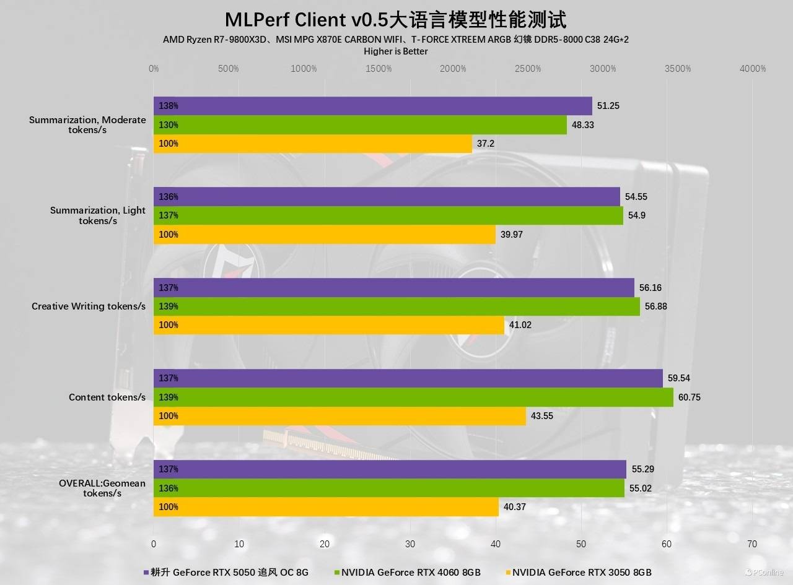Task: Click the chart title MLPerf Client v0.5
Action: pyautogui.click(x=395, y=19)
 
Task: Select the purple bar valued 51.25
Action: pyautogui.click(x=372, y=106)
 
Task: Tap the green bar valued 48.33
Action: pyautogui.click(x=360, y=125)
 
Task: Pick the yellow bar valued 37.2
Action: pyautogui.click(x=313, y=144)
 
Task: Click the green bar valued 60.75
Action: pyautogui.click(x=413, y=397)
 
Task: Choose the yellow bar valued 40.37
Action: pyautogui.click(x=326, y=507)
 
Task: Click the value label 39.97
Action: pyautogui.click(x=513, y=235)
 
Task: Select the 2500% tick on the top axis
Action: pyautogui.click(x=528, y=69)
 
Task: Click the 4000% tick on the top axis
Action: pyautogui.click(x=753, y=69)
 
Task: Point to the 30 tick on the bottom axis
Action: pyautogui.click(x=410, y=544)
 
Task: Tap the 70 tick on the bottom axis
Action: pyautogui.click(x=752, y=544)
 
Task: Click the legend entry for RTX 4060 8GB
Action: pyautogui.click(x=411, y=572)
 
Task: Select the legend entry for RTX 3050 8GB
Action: pyautogui.click(x=582, y=572)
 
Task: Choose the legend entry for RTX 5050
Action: pyautogui.click(x=229, y=572)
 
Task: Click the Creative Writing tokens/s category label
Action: pyautogui.click(x=89, y=306)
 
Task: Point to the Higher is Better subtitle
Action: pyautogui.click(x=396, y=51)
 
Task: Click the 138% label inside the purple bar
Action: pyautogui.click(x=169, y=106)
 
